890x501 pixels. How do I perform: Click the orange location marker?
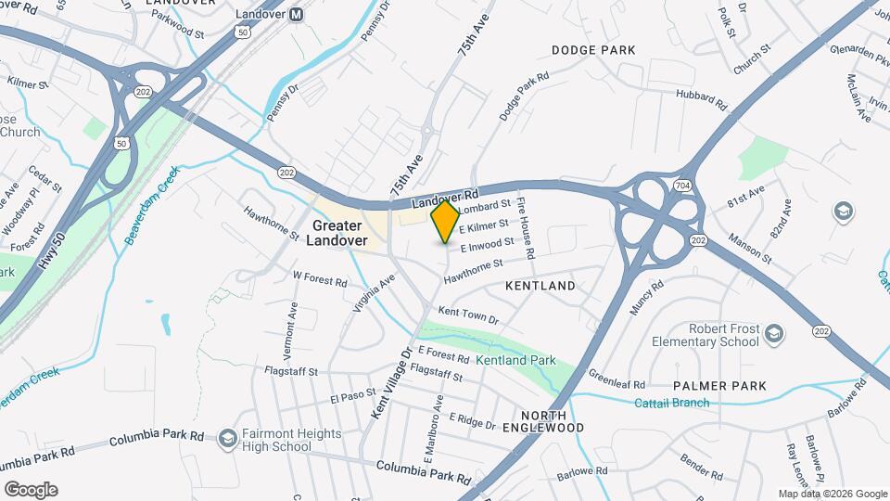(x=446, y=222)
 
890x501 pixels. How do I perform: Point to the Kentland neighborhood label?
(x=540, y=286)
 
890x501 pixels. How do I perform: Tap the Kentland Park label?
(x=515, y=359)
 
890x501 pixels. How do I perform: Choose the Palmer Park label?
(x=720, y=385)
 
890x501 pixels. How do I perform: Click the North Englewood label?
(x=552, y=421)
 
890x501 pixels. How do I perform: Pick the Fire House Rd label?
(x=527, y=228)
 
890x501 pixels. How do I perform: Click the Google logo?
(x=31, y=489)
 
